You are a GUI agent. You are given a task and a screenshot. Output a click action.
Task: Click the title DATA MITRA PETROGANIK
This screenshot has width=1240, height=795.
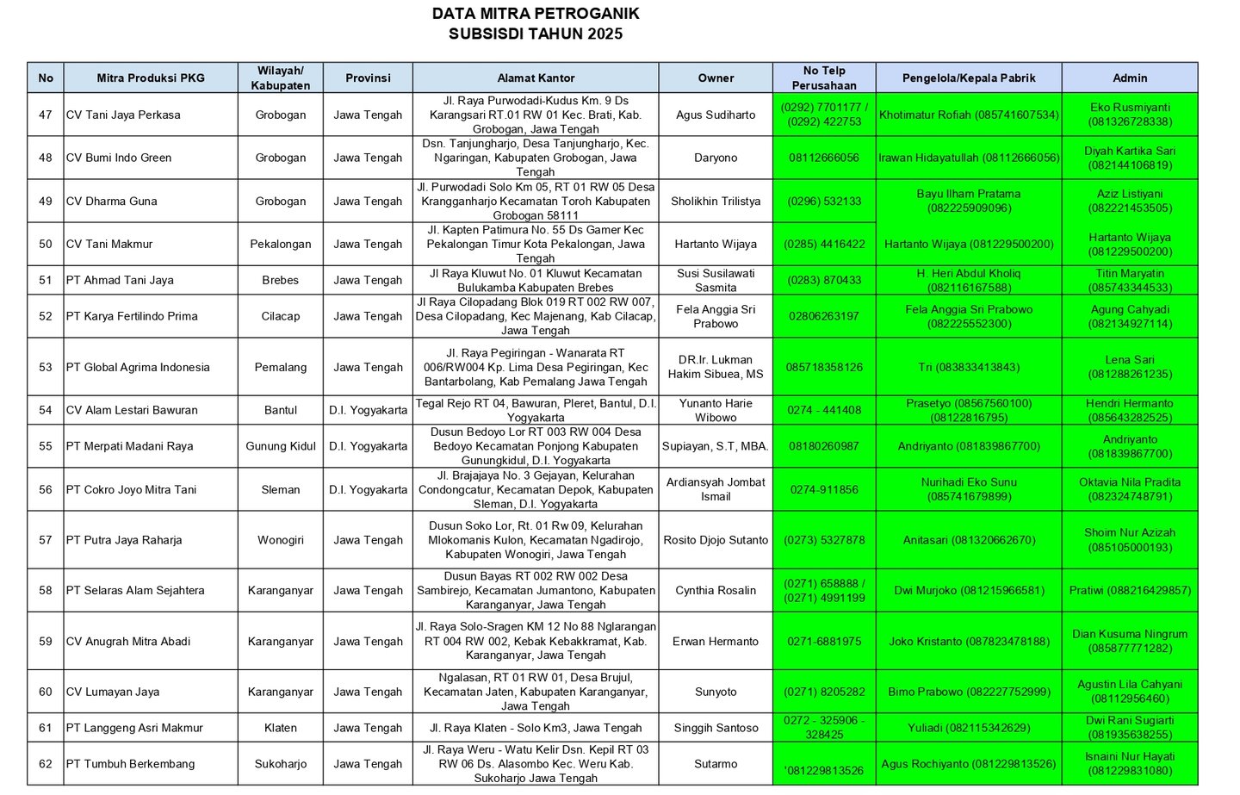pos(535,14)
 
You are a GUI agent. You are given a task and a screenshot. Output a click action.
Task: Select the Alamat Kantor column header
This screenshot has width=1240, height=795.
pos(536,78)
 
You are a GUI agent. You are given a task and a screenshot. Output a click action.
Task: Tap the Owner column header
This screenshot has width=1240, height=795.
pos(716,78)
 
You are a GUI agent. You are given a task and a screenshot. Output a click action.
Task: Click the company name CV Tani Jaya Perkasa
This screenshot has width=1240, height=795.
pos(123,115)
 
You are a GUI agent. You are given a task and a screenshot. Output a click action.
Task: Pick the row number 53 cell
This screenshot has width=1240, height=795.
pos(46,367)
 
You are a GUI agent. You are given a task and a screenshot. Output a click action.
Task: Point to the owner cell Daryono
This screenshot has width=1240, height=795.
pos(716,158)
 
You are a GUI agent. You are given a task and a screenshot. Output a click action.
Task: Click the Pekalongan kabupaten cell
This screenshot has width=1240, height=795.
pos(281,244)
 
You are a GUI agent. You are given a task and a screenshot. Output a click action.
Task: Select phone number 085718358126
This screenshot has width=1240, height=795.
pos(824,367)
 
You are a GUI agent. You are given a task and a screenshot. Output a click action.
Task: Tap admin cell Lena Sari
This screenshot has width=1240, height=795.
pos(1130,367)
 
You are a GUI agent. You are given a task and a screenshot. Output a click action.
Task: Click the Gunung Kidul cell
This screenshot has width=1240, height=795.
pos(281,446)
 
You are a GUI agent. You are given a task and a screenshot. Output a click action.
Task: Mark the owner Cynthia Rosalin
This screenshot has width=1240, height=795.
pos(716,590)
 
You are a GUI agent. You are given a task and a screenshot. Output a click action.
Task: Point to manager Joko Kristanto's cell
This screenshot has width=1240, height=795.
pos(969,641)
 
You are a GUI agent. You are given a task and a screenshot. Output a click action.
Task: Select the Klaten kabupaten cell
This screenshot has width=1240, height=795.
pos(281,728)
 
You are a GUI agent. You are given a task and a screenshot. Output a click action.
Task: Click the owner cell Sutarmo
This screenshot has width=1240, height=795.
pos(716,764)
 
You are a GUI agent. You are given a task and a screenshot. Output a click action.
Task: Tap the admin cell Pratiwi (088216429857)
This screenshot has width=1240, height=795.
pos(1130,590)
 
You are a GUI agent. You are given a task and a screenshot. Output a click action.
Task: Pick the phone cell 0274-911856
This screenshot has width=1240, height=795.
pos(824,489)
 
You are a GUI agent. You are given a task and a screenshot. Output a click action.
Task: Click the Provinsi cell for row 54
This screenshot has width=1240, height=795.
pos(368,410)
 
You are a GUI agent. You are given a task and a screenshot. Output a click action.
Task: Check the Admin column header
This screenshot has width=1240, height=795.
pos(1130,78)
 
